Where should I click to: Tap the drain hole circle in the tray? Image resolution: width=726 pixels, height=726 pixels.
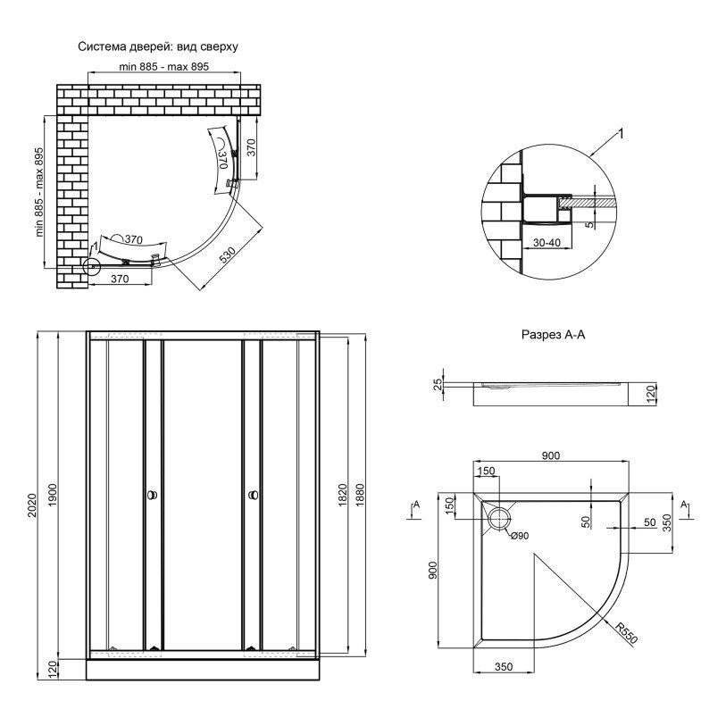point(498,518)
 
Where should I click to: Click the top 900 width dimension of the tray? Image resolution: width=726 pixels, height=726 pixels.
point(550,456)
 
